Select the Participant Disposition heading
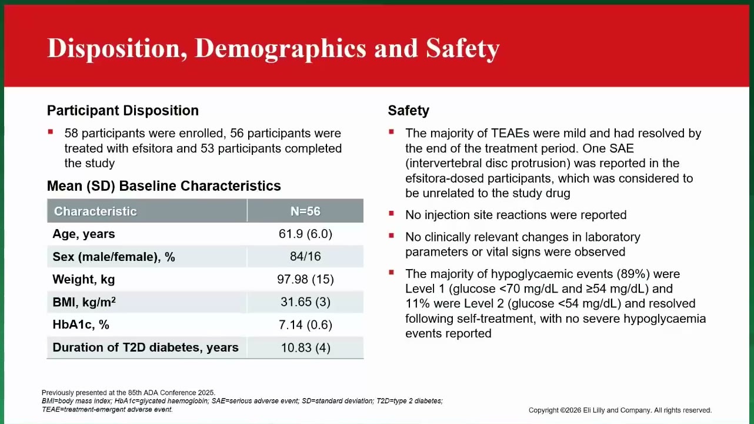pos(123,111)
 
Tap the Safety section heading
pos(408,111)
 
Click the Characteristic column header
pos(95,211)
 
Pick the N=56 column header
pos(305,211)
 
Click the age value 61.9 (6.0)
pos(305,234)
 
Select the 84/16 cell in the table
pos(305,257)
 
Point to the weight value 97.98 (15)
pos(305,279)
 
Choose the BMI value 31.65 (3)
pos(305,302)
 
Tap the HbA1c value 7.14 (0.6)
pos(305,325)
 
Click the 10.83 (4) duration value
pos(305,347)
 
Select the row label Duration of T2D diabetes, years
pos(145,347)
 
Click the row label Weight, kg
pos(84,279)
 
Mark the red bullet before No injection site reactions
pos(391,213)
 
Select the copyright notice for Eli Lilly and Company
pos(620,410)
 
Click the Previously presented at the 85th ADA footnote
pos(128,393)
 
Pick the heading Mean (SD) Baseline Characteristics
pos(164,186)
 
